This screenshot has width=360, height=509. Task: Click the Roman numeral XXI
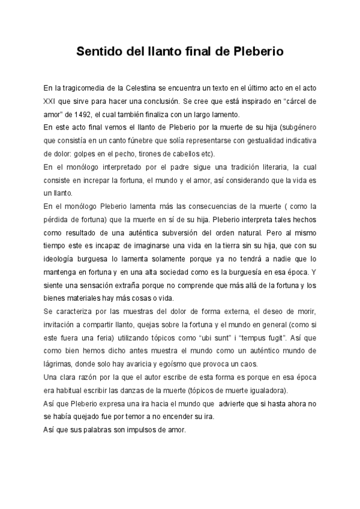pyautogui.click(x=53, y=101)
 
